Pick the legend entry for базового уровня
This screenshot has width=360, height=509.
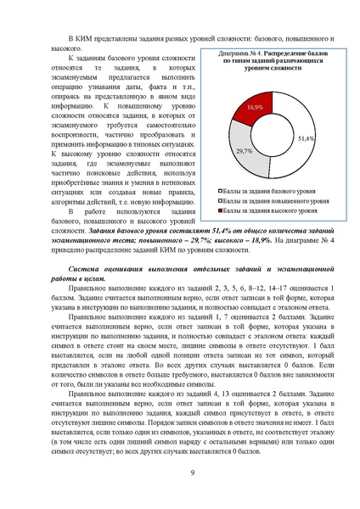(x=273, y=193)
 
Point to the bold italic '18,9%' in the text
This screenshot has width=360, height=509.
(x=256, y=241)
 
